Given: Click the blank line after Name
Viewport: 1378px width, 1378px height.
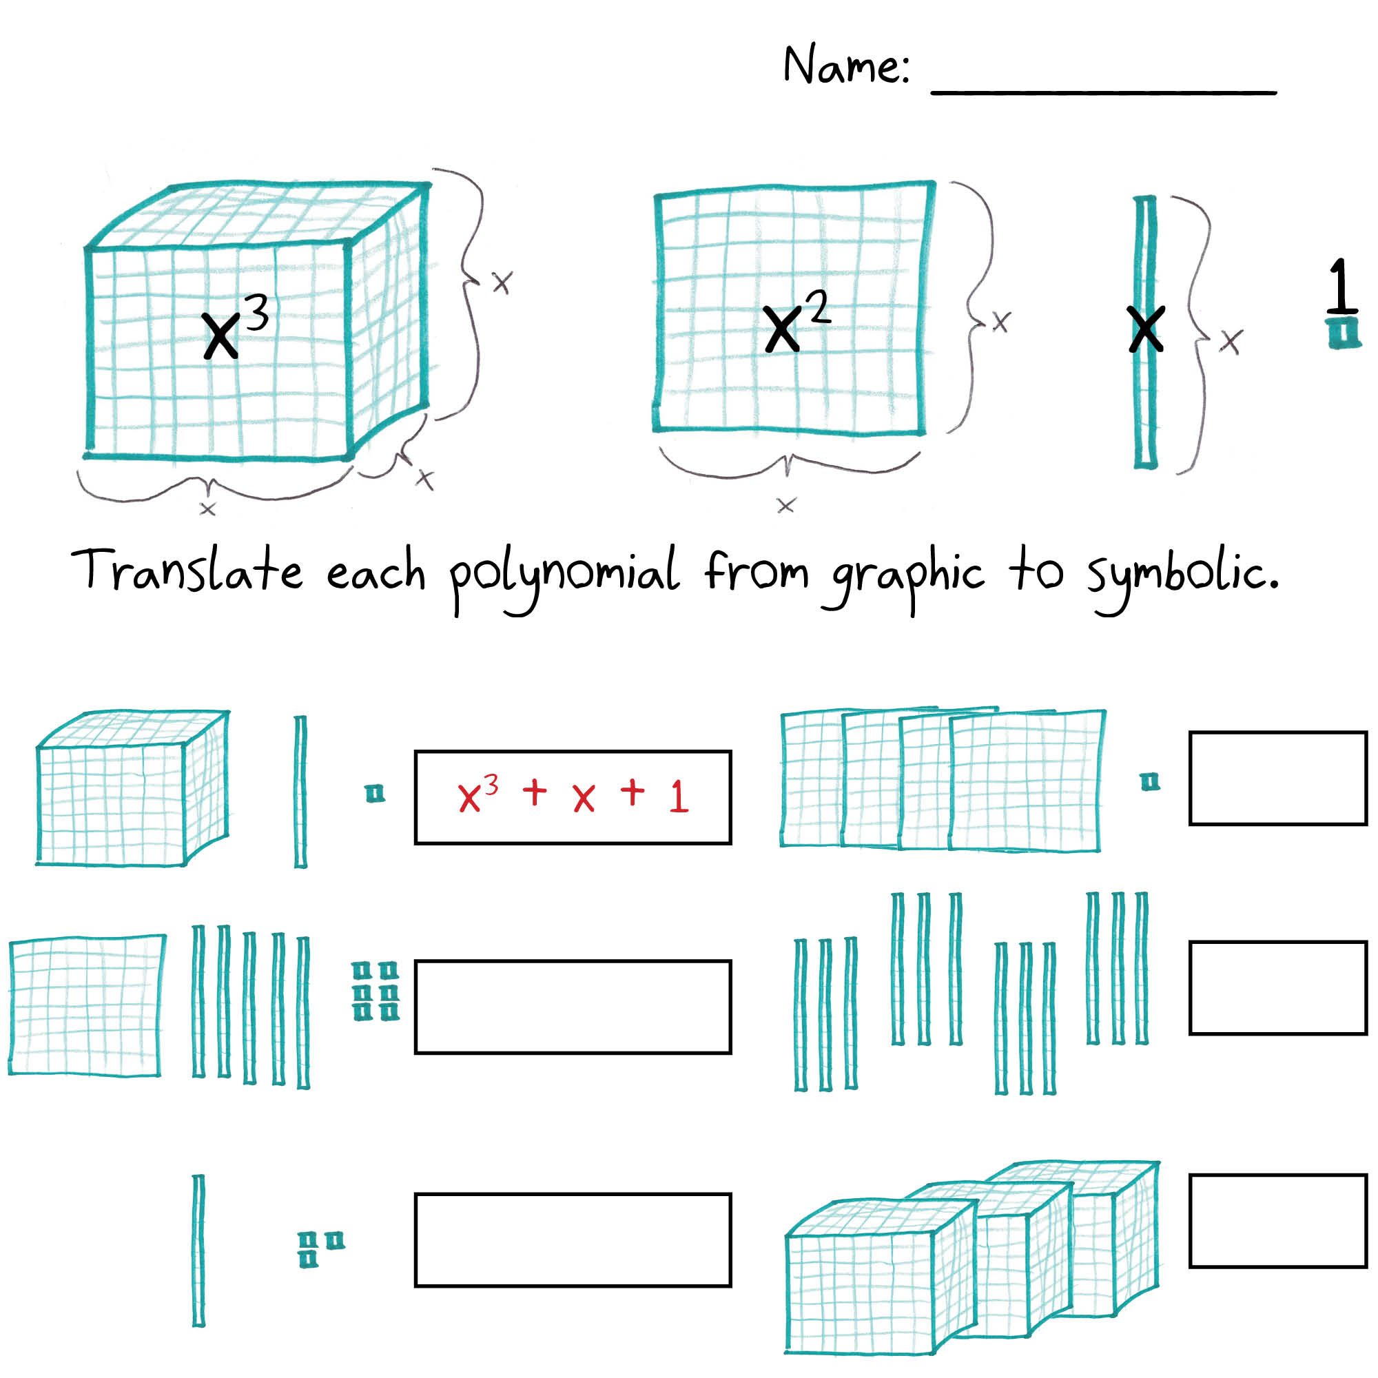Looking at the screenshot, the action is (1103, 92).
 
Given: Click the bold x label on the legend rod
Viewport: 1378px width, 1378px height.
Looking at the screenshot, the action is (1146, 329).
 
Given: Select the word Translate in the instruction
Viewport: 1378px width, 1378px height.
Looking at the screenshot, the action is (187, 570).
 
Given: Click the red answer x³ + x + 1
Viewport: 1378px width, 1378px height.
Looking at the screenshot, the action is (573, 796).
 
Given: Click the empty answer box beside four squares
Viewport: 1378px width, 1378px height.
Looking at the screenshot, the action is (1277, 778).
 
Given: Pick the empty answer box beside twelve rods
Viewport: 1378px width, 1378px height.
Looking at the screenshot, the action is (1277, 988).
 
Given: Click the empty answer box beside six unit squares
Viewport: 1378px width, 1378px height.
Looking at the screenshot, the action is (573, 1007).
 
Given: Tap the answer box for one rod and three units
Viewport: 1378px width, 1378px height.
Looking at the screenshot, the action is (573, 1240).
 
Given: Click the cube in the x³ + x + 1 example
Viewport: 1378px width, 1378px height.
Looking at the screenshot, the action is (133, 788).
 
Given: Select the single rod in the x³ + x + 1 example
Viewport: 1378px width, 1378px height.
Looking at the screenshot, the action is (300, 792).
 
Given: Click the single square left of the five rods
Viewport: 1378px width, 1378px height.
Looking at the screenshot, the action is (86, 1005).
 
